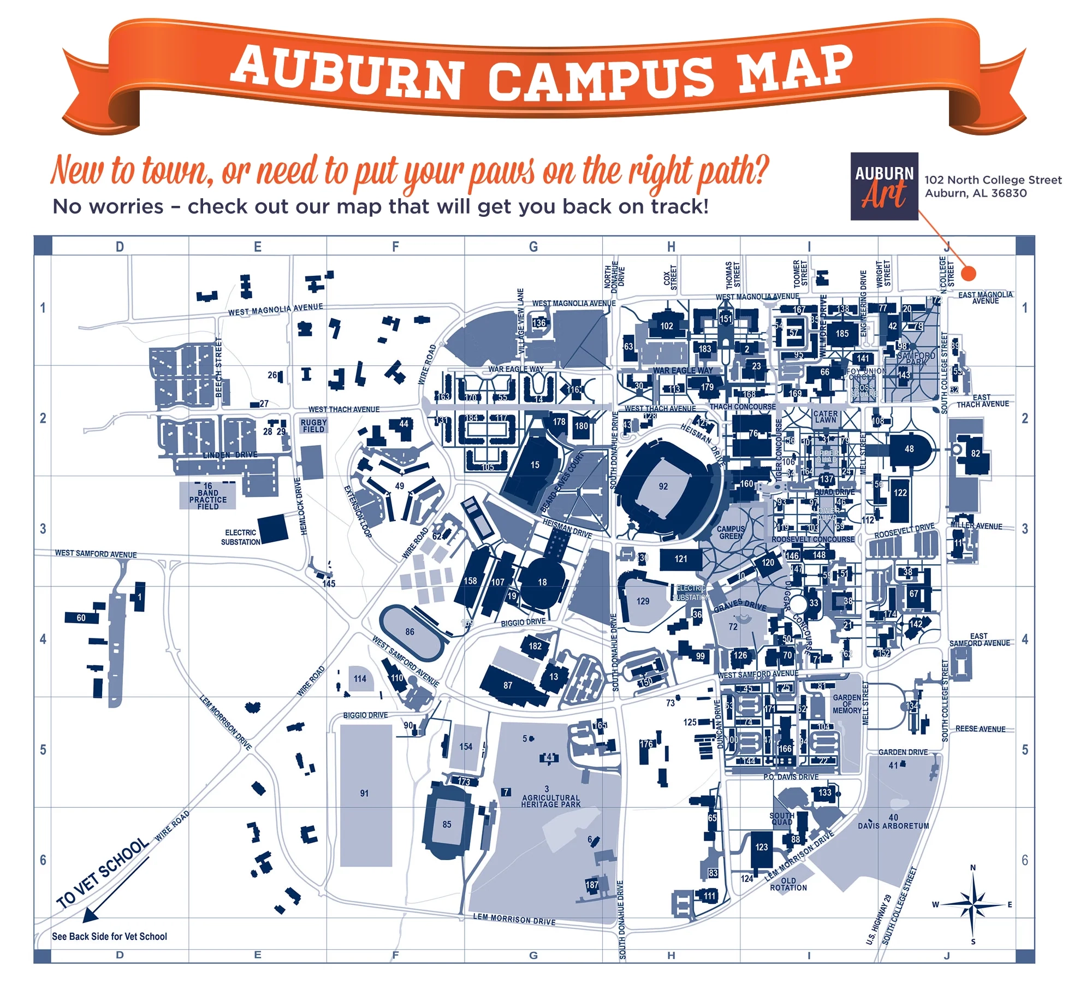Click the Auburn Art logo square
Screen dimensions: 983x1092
tap(884, 186)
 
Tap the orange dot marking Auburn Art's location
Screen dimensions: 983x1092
tap(968, 273)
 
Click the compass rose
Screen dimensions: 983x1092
tap(972, 904)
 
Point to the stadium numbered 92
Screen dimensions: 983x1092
tap(664, 486)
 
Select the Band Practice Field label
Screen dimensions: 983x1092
tap(208, 496)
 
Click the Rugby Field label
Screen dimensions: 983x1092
tap(313, 426)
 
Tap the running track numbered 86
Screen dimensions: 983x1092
tap(411, 632)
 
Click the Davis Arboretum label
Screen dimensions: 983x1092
tap(893, 822)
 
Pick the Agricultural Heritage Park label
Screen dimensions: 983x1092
tap(550, 801)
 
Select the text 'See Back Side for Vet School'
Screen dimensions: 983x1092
tap(109, 937)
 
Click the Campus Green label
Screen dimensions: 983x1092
tap(731, 532)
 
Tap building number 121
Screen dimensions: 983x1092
tap(680, 559)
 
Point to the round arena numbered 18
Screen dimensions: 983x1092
tap(542, 582)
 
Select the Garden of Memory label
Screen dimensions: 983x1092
tap(847, 704)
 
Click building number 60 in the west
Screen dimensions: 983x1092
tap(81, 618)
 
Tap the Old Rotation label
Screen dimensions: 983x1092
tap(788, 884)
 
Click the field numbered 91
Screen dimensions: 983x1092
tap(365, 793)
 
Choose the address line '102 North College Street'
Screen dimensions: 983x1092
tap(993, 180)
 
